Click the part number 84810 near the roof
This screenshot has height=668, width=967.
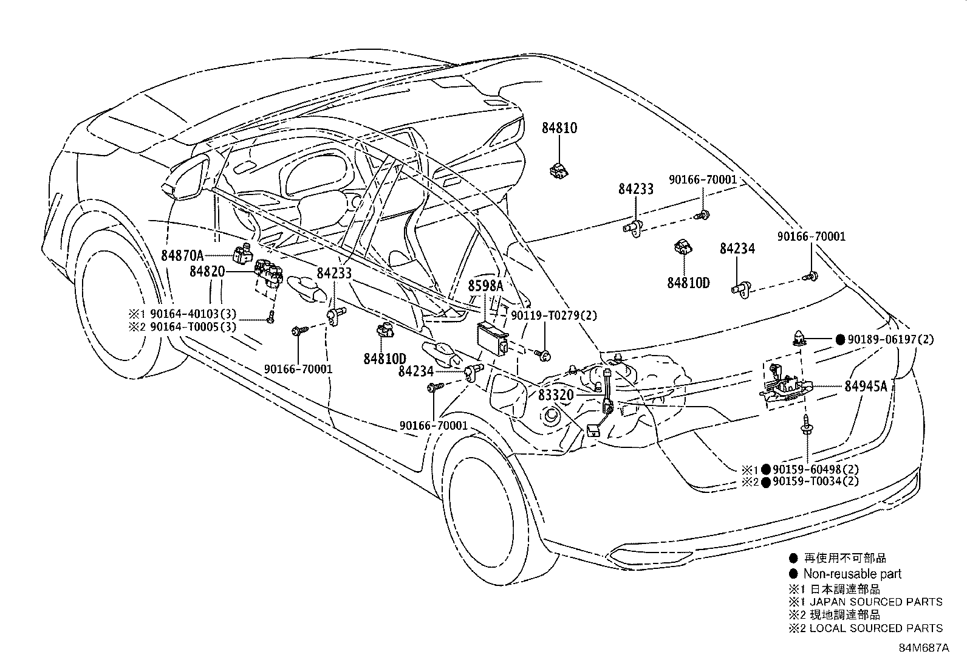pyautogui.click(x=559, y=128)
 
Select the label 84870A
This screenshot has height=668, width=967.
pyautogui.click(x=182, y=255)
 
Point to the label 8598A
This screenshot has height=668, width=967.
pyautogui.click(x=485, y=286)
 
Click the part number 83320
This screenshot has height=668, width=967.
pyautogui.click(x=556, y=395)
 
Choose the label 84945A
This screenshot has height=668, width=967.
pyautogui.click(x=866, y=386)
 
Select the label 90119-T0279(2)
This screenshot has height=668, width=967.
pyautogui.click(x=554, y=315)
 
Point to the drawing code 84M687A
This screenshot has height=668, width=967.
pyautogui.click(x=924, y=648)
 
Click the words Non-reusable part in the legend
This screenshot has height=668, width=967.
pyautogui.click(x=852, y=574)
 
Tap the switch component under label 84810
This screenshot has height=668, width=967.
pyautogui.click(x=558, y=173)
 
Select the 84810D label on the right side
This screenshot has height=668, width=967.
pyautogui.click(x=689, y=283)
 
